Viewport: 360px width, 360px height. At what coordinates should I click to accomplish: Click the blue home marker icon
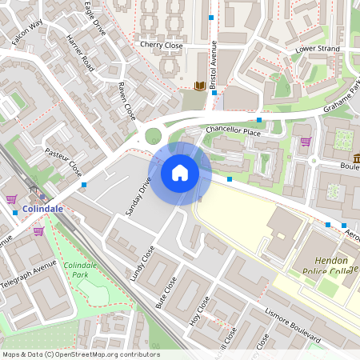click(180, 172)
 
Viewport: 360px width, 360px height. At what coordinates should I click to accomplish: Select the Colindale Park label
click(80, 270)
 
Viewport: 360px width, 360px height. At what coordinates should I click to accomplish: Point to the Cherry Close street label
click(161, 46)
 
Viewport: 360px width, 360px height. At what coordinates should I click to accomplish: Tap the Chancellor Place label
click(233, 130)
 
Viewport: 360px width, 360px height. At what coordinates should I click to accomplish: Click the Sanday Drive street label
click(140, 196)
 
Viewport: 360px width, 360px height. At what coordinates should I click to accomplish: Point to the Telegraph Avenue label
click(28, 274)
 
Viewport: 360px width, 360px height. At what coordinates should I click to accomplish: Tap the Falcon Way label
click(26, 35)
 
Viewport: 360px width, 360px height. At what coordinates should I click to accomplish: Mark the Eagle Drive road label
click(95, 18)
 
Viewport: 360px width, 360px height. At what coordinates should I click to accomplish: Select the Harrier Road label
click(81, 54)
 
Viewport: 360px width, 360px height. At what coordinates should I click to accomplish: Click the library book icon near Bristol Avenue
click(200, 86)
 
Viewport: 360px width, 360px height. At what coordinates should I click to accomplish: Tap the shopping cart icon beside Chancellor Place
click(306, 142)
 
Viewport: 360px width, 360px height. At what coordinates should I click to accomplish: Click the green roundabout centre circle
click(153, 137)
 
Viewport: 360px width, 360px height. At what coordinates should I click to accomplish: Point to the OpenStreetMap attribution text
click(80, 354)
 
